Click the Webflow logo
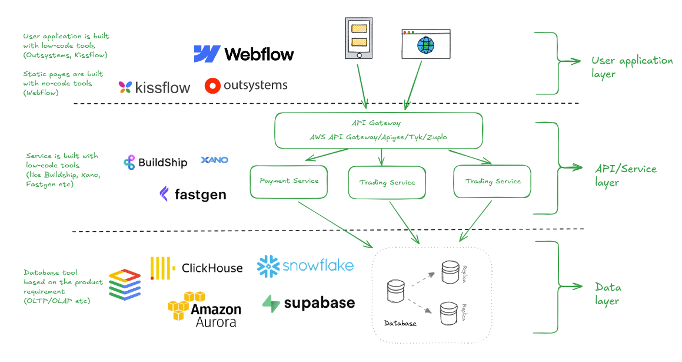[244, 54]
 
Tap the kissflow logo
[154, 88]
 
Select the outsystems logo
[246, 85]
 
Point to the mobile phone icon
[359, 38]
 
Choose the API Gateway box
[379, 130]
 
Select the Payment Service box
[289, 181]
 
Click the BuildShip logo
[155, 163]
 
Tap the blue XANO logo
[214, 160]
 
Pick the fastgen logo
[192, 195]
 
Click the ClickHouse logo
[197, 268]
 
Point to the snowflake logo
[305, 265]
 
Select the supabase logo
[308, 303]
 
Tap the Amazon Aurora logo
[204, 310]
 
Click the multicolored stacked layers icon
[125, 284]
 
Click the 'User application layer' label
[631, 67]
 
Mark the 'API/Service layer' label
[626, 175]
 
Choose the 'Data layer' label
[608, 294]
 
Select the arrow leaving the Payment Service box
[335, 225]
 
